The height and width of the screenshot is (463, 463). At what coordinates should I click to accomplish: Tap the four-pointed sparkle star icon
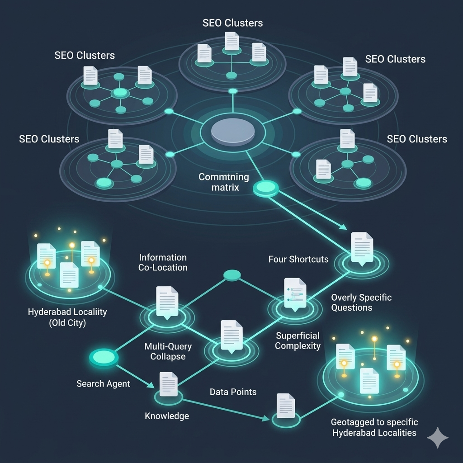tap(438, 437)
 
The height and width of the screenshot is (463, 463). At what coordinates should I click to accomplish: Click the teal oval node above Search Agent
tap(104, 357)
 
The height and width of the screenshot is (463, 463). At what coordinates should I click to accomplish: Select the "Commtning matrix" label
tap(224, 181)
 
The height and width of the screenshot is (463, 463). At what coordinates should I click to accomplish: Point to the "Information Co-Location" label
tap(163, 262)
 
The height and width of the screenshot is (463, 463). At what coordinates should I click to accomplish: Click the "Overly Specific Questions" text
tap(361, 302)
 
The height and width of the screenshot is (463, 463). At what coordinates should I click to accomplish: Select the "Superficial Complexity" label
tap(298, 340)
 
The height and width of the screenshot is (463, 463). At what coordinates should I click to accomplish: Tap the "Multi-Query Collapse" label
tap(168, 351)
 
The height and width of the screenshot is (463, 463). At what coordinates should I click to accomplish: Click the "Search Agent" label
tap(103, 383)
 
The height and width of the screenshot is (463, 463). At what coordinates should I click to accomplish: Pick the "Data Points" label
tap(233, 392)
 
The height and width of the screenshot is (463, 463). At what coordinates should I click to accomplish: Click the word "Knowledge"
tap(166, 416)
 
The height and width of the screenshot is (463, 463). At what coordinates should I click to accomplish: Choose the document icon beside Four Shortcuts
tap(362, 247)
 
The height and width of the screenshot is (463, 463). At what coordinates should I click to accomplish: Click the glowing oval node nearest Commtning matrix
tap(267, 188)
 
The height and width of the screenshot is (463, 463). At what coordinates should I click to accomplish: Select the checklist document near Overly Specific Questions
tap(295, 293)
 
